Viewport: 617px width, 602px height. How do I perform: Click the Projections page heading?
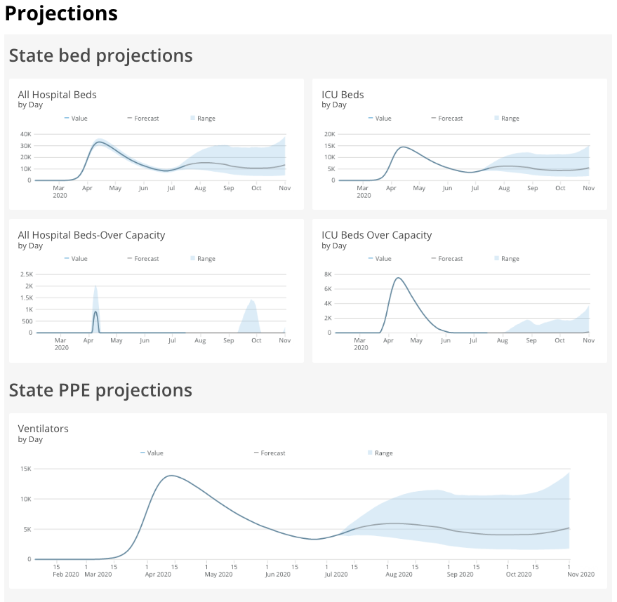(61, 13)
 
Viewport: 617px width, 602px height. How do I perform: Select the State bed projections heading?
(100, 55)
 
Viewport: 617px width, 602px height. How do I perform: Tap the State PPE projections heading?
(100, 390)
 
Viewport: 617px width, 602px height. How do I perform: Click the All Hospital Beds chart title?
(57, 95)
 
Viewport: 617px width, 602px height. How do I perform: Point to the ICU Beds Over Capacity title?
(376, 235)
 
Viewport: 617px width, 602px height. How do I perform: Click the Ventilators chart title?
(43, 429)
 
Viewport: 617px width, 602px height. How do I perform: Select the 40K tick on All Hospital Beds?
(25, 134)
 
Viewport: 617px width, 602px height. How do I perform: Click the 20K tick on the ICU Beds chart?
(329, 134)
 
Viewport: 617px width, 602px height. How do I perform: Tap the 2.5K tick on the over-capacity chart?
(25, 274)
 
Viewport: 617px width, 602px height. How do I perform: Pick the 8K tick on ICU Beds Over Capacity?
(327, 274)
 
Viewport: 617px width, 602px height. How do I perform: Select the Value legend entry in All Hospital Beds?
(76, 119)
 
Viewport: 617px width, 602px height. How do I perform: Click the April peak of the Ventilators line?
(171, 476)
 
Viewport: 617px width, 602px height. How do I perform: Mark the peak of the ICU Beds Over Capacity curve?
(398, 278)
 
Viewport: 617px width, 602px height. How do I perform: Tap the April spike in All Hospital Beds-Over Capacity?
(95, 312)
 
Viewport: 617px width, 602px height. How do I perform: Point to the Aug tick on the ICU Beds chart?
(503, 188)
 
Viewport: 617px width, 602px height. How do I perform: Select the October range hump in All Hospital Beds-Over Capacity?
(251, 309)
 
